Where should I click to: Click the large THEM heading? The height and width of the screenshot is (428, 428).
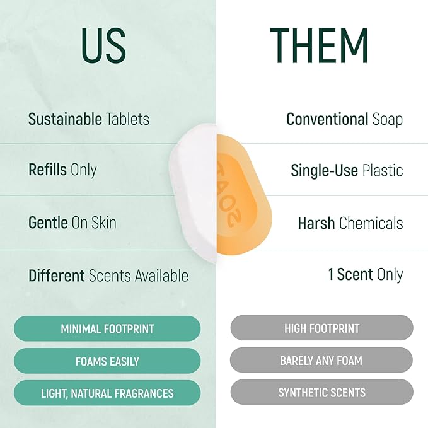[x=319, y=46]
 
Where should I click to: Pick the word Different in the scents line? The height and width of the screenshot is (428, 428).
[x=56, y=275]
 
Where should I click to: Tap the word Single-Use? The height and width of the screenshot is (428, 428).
[x=325, y=171]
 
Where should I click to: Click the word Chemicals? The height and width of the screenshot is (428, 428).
[x=371, y=223]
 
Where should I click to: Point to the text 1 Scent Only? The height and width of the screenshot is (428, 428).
[x=365, y=275]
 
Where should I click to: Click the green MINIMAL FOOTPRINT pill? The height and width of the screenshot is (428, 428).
[x=107, y=328]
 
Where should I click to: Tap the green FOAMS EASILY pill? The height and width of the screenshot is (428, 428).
[x=107, y=361]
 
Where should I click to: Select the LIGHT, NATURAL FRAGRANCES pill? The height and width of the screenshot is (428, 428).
[x=107, y=393]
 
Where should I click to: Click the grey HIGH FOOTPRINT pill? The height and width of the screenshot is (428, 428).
[x=321, y=328]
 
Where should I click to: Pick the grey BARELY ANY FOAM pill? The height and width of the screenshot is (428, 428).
[x=321, y=361]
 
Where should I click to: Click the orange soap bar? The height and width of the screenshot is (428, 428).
[x=243, y=193]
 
